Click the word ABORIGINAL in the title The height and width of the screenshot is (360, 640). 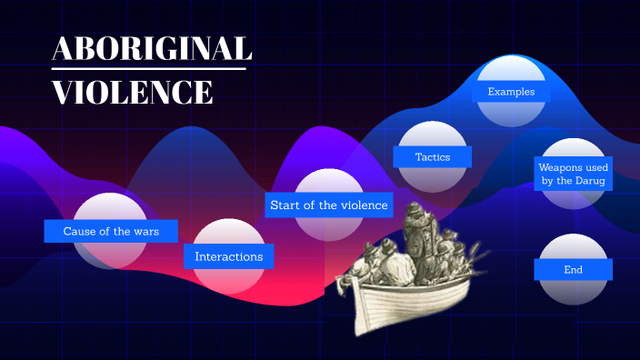coord(152,49)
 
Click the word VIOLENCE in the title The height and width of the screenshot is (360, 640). coord(133,92)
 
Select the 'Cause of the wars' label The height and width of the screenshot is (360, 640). coord(111,231)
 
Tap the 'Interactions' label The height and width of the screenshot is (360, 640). coord(229,256)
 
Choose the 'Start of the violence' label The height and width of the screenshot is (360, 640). coord(329,205)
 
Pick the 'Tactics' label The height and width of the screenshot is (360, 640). coord(433,156)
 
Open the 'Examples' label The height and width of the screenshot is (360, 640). coord(511,92)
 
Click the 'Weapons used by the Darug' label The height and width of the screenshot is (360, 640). coord(574,174)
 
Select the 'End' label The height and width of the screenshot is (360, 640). coord(573,269)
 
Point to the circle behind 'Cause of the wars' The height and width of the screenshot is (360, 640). coord(111,207)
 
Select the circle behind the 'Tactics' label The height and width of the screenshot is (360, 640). coord(433,135)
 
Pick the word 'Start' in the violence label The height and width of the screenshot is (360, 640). coord(285,205)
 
